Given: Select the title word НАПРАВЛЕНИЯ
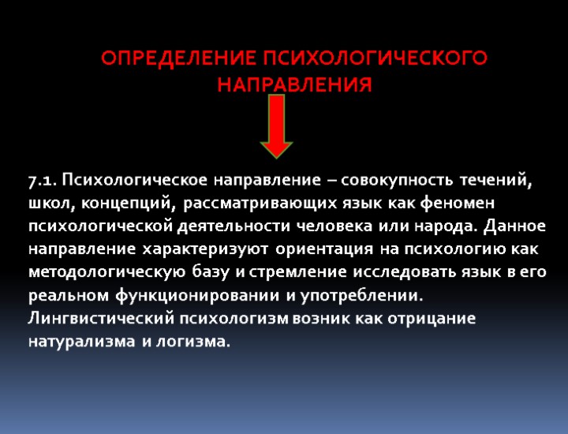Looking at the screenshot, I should coord(294,84).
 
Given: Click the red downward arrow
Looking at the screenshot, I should coord(276,126).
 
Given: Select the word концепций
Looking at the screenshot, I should coord(129,204).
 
